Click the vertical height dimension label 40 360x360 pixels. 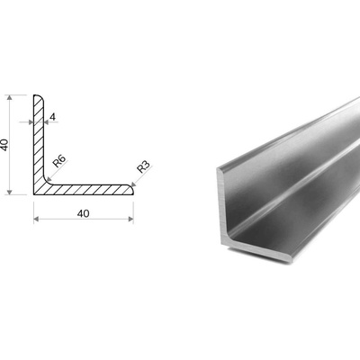click(4, 145)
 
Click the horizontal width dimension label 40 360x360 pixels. click(83, 213)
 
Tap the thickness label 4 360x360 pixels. click(53, 117)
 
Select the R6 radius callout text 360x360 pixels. click(59, 162)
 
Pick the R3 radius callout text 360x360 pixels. click(143, 167)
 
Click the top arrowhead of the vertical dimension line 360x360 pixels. click(10, 98)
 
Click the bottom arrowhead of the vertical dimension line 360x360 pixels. click(10, 192)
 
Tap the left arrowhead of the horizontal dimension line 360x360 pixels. click(36, 219)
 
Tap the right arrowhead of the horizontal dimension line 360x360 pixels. click(130, 219)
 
